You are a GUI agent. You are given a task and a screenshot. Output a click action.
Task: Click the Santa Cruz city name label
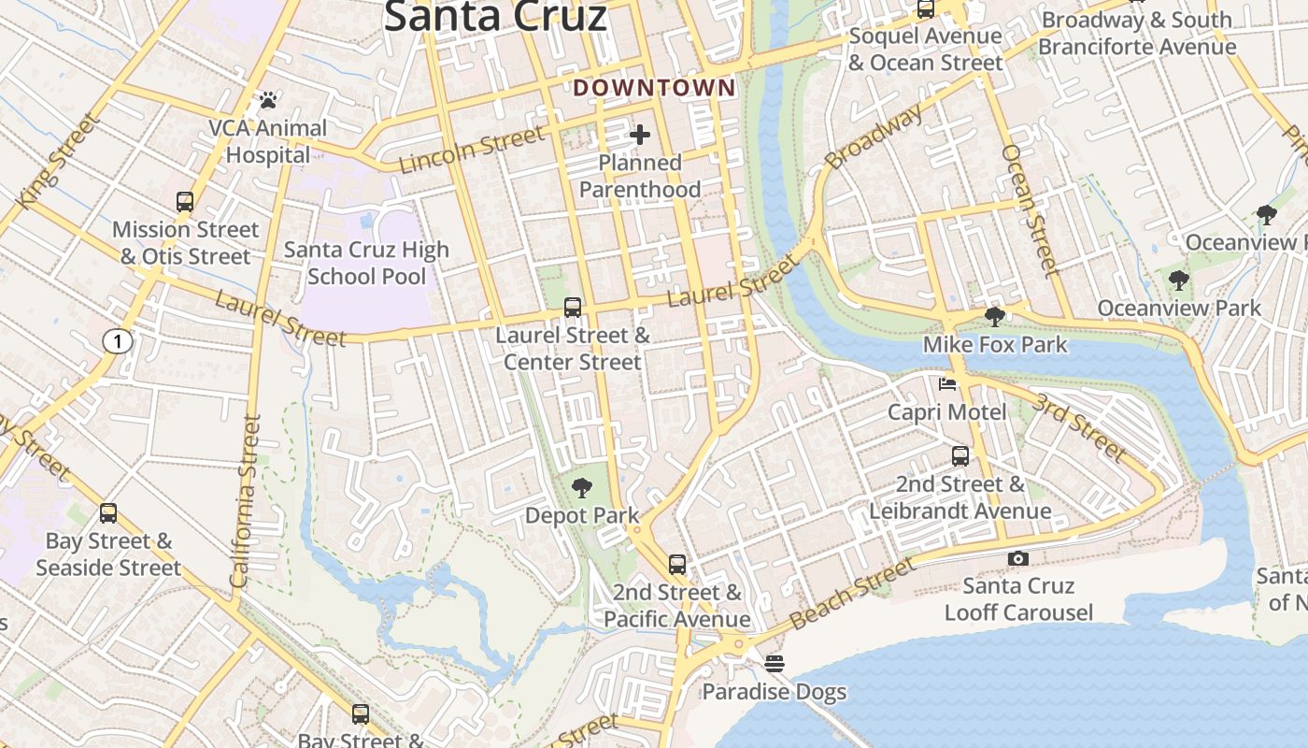(x=495, y=17)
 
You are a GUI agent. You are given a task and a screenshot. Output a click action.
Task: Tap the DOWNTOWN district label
(x=654, y=88)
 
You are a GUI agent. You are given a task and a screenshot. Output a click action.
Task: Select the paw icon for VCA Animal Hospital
(x=268, y=99)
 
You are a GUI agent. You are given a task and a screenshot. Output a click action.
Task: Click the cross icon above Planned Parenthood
(x=640, y=135)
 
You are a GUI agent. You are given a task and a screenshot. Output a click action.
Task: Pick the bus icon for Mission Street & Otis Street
(x=185, y=201)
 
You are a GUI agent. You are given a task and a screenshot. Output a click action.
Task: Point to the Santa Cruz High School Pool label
(x=366, y=263)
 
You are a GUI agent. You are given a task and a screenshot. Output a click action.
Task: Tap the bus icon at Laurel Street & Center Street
(x=573, y=307)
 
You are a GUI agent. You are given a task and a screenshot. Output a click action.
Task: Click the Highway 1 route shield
(x=117, y=342)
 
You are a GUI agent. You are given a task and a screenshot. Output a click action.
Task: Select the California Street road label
(x=246, y=501)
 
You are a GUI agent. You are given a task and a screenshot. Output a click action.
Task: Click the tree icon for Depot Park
(x=582, y=487)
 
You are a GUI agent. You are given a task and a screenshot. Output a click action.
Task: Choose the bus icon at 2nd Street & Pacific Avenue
(x=677, y=565)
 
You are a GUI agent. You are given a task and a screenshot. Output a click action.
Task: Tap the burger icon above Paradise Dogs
(x=774, y=664)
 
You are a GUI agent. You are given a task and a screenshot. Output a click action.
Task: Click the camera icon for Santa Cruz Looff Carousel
(x=1018, y=558)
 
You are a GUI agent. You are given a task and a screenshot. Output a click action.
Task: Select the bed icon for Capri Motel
(x=947, y=384)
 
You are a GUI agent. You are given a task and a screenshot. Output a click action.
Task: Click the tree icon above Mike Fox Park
(x=995, y=316)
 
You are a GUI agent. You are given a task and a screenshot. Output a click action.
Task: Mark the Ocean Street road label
(x=1031, y=210)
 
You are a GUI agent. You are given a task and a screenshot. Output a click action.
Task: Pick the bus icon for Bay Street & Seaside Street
(x=108, y=512)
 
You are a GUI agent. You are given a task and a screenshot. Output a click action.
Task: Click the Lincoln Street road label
(x=472, y=151)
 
